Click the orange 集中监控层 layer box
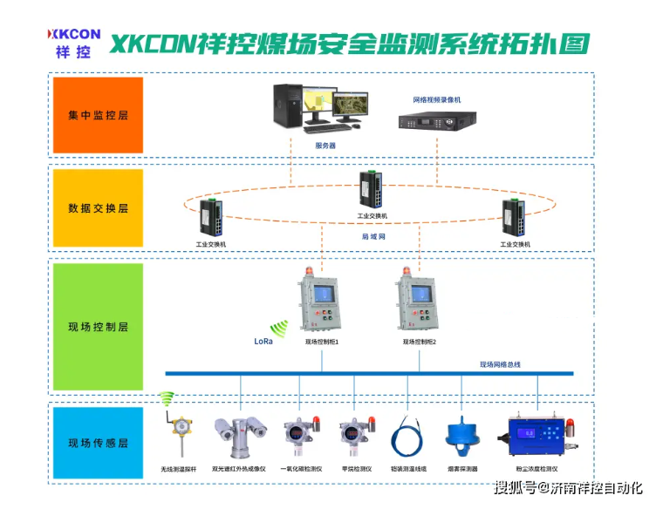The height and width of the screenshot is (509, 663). click(x=98, y=115)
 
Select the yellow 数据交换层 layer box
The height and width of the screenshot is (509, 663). click(x=98, y=208)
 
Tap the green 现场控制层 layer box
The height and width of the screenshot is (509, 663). click(x=98, y=327)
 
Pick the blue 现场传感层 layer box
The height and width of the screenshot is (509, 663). click(x=98, y=443)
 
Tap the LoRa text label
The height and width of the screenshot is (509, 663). click(x=263, y=341)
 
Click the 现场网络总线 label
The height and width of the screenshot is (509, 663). click(x=500, y=364)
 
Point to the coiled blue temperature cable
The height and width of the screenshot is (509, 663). click(x=407, y=436)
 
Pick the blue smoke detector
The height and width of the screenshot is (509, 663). click(x=462, y=435)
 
